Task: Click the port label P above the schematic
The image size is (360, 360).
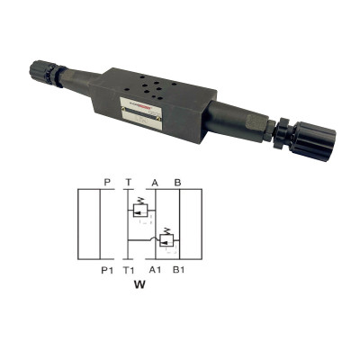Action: pos(107,182)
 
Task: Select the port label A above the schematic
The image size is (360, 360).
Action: pos(155,182)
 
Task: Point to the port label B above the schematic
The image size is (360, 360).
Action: pos(177,182)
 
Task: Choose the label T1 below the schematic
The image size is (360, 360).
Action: pos(130,269)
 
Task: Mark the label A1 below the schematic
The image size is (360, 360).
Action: pos(156,269)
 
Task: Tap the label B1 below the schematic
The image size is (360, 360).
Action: pos(178,269)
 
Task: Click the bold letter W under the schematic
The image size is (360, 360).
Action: pos(139,288)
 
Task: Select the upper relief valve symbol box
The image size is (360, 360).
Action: pos(139,210)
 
